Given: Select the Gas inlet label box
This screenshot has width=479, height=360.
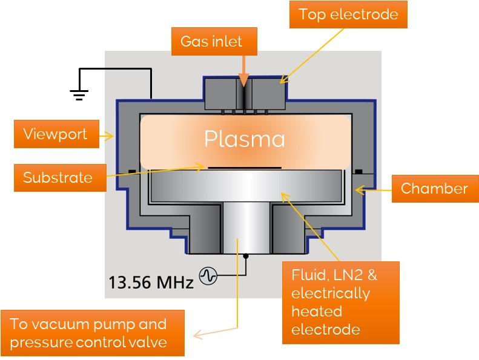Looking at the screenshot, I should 211,42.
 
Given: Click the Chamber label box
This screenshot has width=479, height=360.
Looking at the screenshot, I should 434,188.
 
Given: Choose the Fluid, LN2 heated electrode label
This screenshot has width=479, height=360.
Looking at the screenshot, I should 341,302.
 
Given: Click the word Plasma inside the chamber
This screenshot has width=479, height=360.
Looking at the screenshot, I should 244,139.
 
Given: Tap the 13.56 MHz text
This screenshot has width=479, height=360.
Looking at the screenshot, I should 151,281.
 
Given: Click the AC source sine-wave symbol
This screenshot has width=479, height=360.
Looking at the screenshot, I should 208,276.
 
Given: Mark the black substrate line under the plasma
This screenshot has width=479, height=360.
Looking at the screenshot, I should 244,166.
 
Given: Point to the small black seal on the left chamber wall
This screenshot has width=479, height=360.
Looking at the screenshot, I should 130,171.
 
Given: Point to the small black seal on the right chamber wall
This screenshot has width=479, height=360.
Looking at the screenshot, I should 358,171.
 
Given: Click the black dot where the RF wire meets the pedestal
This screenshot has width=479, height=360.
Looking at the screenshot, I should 245,256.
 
